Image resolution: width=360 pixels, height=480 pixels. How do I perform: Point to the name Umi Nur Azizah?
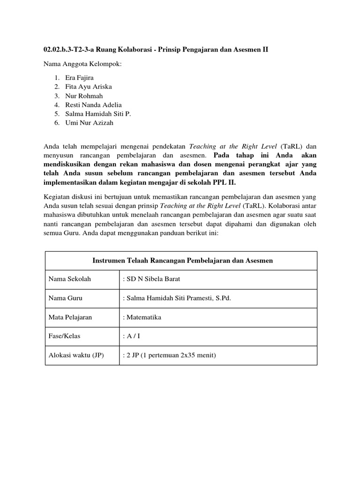90,123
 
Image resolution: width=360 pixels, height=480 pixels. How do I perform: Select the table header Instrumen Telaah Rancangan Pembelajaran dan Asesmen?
181,260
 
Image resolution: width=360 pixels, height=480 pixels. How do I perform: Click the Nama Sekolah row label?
70,279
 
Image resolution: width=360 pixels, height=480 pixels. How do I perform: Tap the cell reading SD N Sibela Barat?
151,279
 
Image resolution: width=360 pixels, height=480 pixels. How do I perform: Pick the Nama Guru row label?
66,298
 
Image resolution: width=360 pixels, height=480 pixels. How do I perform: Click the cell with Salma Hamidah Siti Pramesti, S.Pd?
177,298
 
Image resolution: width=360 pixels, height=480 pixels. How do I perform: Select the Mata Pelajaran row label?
70,317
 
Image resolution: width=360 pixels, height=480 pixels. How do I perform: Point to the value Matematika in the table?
142,317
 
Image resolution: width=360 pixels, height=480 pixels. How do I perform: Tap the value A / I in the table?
131,337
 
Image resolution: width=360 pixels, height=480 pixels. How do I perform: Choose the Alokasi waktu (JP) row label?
76,355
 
